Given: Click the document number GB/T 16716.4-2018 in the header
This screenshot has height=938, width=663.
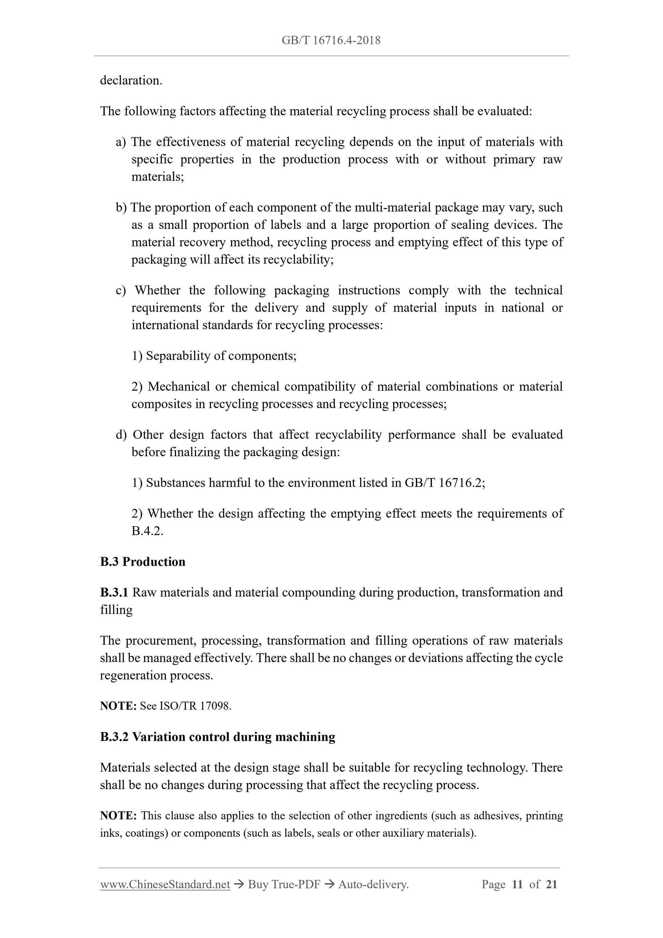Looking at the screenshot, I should (x=331, y=40).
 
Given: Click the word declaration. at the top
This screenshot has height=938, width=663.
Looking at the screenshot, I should (x=131, y=80).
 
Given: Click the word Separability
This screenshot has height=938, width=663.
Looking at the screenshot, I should (x=178, y=355).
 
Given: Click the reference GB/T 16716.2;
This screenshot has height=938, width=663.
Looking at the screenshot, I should (x=445, y=482).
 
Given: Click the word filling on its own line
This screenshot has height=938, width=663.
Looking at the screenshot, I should (x=117, y=610).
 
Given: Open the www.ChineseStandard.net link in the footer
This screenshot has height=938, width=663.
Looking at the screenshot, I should (x=165, y=885).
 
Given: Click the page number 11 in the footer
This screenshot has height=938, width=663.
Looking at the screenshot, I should (x=517, y=885).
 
